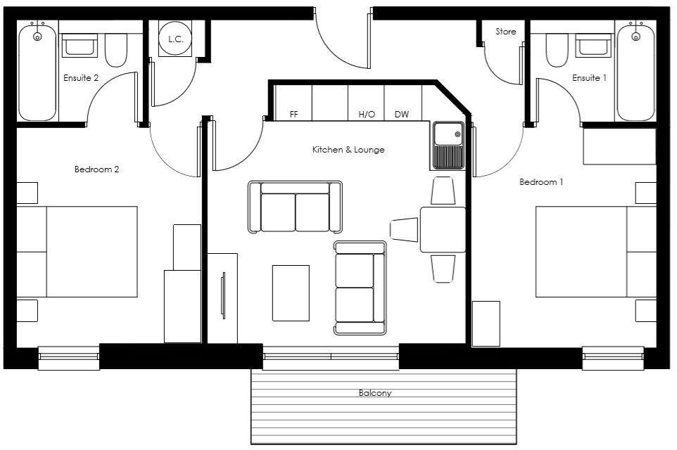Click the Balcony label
pyautogui.click(x=374, y=393)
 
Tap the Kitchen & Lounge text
pyautogui.click(x=348, y=150)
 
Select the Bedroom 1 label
pyautogui.click(x=540, y=182)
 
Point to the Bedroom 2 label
pyautogui.click(x=96, y=169)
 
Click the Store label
pyautogui.click(x=505, y=32)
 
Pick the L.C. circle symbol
pyautogui.click(x=175, y=39)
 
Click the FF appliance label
pyautogui.click(x=294, y=114)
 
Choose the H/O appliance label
pyautogui.click(x=366, y=114)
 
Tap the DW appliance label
pyautogui.click(x=401, y=114)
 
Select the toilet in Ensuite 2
pyautogui.click(x=115, y=51)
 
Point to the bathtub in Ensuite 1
pyautogui.click(x=635, y=71)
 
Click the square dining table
pyautogui.click(x=443, y=230)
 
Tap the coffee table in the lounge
pyautogui.click(x=291, y=292)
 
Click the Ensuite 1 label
pyautogui.click(x=589, y=78)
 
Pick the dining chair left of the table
pyautogui.click(x=405, y=229)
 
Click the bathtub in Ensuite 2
pyautogui.click(x=37, y=71)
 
